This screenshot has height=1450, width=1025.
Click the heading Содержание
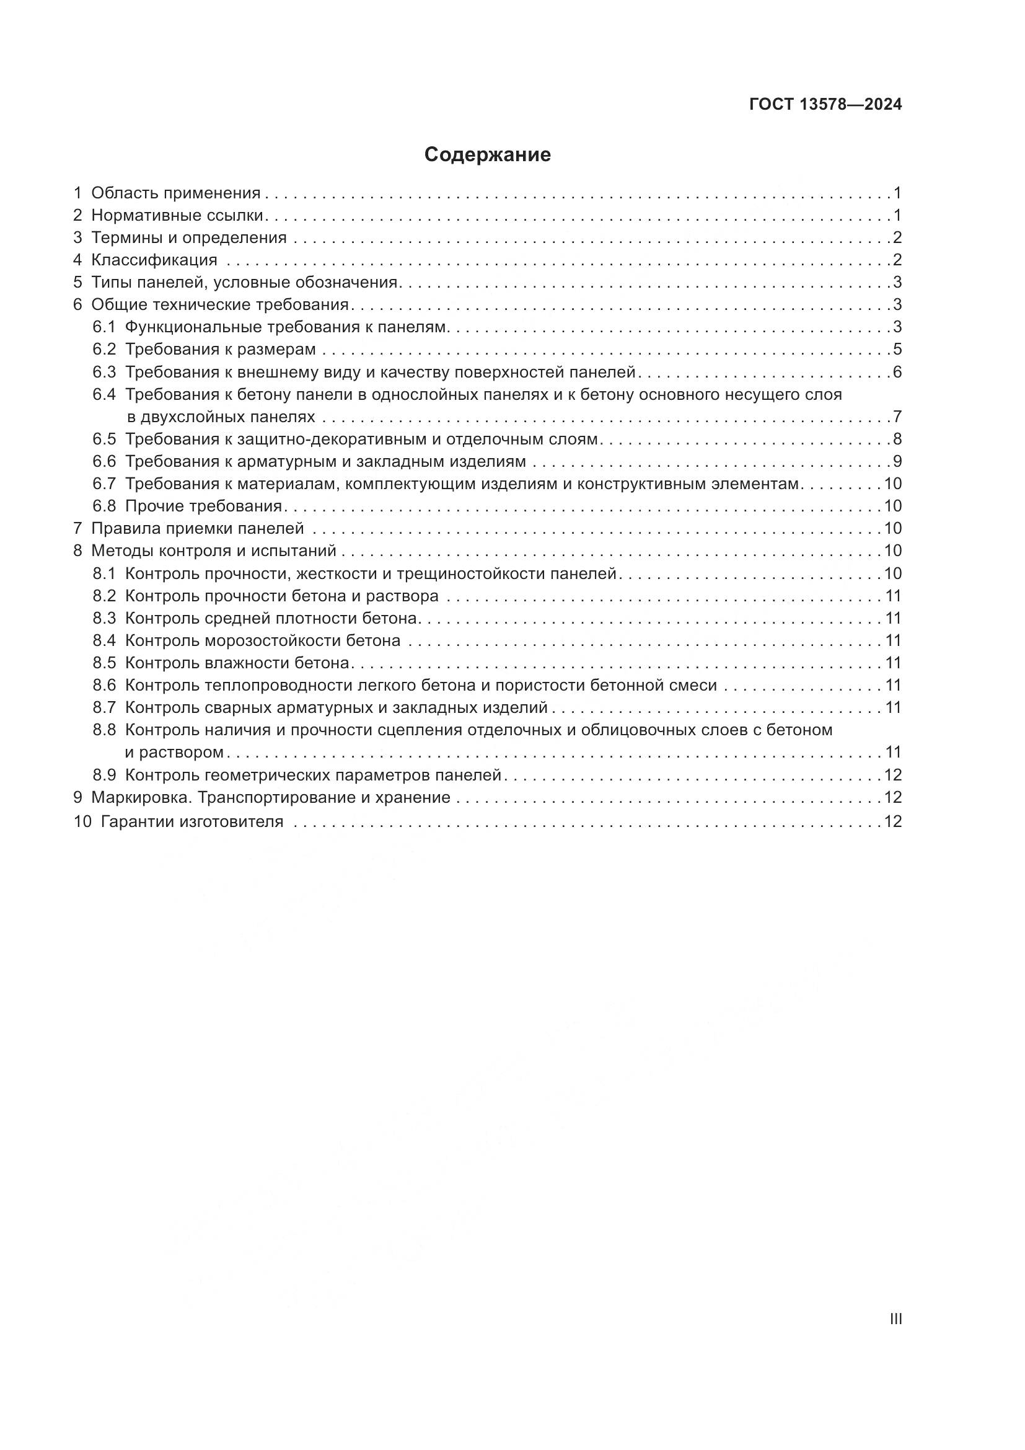[487, 155]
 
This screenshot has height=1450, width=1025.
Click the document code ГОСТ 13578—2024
[825, 105]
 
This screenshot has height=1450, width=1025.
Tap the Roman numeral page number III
[895, 1319]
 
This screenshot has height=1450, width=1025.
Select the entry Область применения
[175, 193]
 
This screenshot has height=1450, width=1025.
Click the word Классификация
[154, 260]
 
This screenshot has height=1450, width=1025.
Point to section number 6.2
[104, 350]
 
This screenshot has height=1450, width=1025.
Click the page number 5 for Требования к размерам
[897, 350]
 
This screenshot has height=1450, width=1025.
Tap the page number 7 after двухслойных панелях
[897, 417]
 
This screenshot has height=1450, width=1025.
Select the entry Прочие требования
[203, 506]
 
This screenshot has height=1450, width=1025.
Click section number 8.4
[104, 641]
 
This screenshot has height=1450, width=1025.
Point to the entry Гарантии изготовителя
[192, 822]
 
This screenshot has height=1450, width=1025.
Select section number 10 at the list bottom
[82, 822]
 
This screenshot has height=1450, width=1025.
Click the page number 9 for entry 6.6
[897, 462]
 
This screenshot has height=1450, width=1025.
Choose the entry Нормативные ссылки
[177, 215]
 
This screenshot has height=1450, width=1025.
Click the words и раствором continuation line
[174, 753]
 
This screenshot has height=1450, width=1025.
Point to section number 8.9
[104, 775]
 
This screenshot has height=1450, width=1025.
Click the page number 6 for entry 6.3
[897, 372]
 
